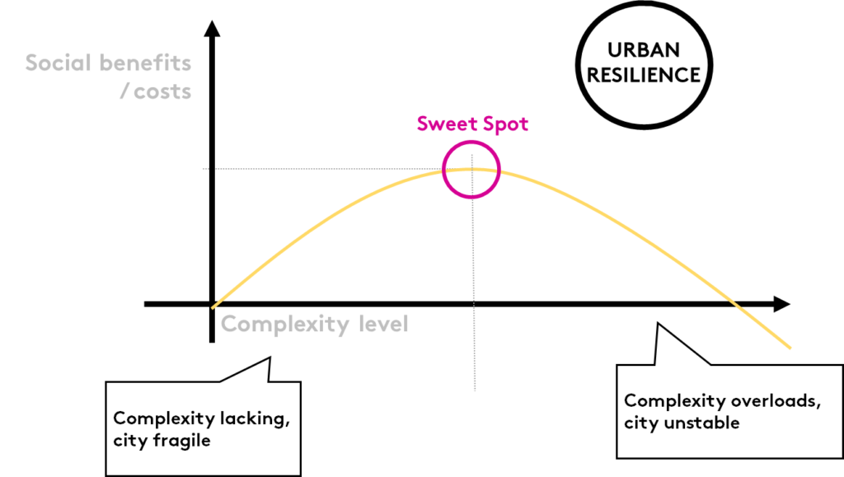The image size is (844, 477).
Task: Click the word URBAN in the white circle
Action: [642, 50]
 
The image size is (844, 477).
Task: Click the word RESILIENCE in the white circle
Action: [643, 74]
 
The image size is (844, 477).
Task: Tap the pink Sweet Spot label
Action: [471, 124]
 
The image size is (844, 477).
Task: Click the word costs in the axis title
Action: [162, 91]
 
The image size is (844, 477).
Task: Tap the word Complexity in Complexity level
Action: [274, 324]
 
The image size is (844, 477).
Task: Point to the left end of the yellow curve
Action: [214, 305]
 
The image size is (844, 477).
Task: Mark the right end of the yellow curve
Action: [791, 348]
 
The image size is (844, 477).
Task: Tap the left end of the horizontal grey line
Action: [204, 170]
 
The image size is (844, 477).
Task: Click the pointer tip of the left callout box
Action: [269, 359]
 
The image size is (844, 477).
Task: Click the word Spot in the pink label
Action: [504, 124]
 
